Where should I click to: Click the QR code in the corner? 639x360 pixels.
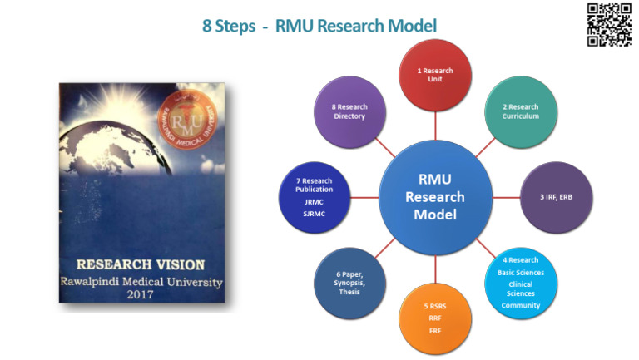(609, 25)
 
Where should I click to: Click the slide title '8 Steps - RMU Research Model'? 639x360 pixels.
(319, 26)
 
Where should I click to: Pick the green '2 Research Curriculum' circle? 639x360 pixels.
(520, 112)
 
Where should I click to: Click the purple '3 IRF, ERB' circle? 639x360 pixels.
(554, 197)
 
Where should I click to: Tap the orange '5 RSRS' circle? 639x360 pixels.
(435, 318)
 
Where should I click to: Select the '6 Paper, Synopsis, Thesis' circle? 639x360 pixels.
(349, 283)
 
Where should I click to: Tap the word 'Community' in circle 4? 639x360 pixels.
(520, 305)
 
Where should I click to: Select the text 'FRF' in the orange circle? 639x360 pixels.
(435, 329)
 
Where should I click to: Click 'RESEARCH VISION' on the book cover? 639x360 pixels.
(140, 265)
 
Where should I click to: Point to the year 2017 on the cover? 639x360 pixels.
(140, 294)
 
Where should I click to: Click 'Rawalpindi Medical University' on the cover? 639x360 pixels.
(140, 281)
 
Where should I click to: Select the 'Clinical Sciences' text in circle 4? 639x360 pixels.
(520, 288)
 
